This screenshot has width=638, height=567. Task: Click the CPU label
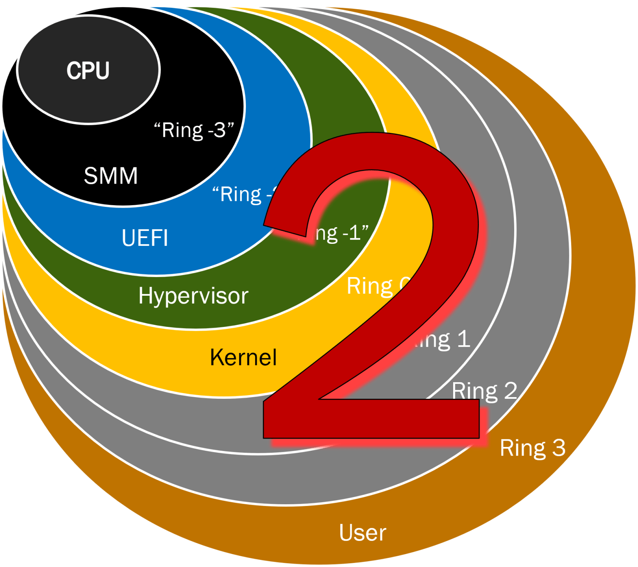point(88,71)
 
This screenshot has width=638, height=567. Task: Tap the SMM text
point(110,176)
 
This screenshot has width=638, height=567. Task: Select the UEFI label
point(145,238)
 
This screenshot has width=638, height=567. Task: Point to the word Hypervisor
point(193,296)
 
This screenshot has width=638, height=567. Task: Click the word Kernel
point(243,357)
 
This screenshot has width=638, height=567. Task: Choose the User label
point(362,533)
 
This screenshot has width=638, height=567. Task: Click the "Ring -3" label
point(194,130)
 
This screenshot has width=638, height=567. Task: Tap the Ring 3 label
point(532,448)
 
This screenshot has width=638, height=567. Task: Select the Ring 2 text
point(484,391)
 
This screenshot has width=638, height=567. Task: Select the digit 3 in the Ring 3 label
point(558,448)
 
